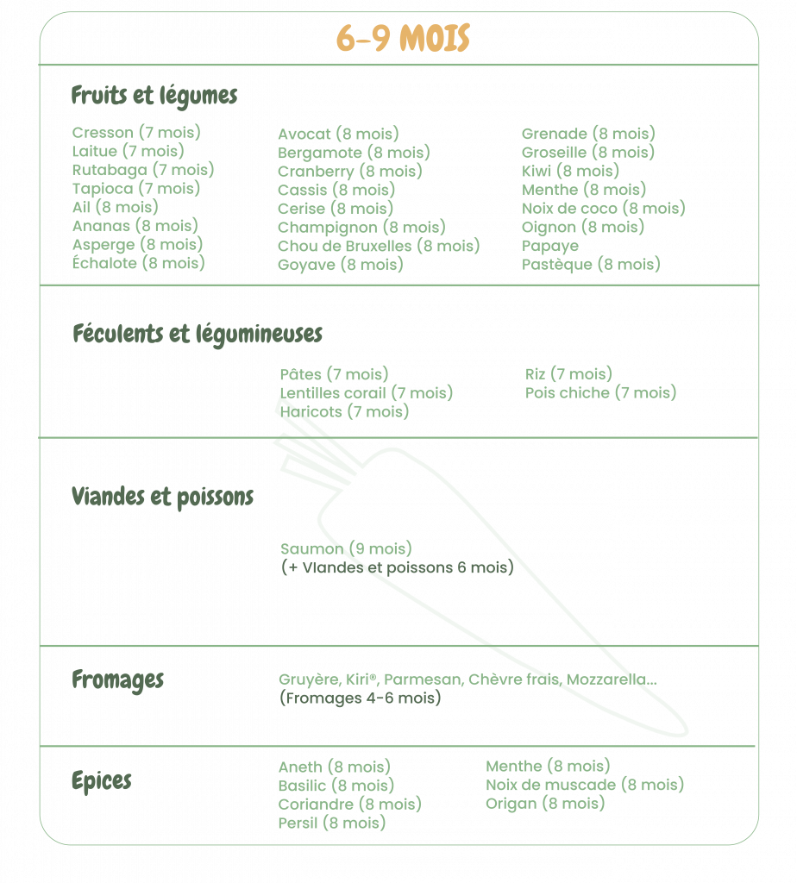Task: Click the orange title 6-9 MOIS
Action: coord(404,38)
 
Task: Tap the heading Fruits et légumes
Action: coord(154,97)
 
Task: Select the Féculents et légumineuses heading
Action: coord(198,335)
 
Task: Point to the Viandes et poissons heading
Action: coord(162,498)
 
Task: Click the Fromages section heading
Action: coord(117,680)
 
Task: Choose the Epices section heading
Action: coord(102,781)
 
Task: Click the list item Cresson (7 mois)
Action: coord(136,132)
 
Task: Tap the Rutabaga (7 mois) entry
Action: coord(143,170)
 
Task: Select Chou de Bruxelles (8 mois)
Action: coord(379,246)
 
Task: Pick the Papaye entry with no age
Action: coord(549,247)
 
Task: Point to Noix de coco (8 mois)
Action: coord(603,209)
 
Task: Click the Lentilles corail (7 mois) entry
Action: coord(366,393)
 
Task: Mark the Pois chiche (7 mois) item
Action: coord(600,392)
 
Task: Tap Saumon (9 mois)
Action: coord(346,548)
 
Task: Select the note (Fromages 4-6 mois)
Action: coord(361,698)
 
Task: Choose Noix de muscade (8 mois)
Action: coord(585,785)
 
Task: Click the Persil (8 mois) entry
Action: coord(332,823)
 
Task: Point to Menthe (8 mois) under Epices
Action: coord(548,766)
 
